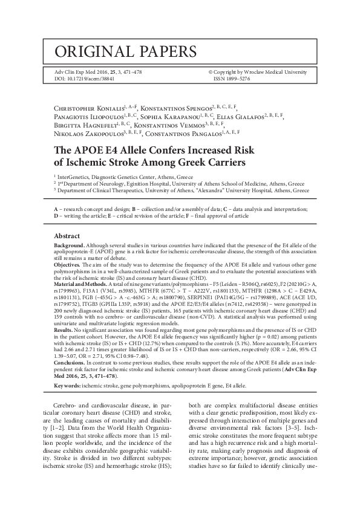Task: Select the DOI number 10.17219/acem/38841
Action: tap(91, 79)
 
